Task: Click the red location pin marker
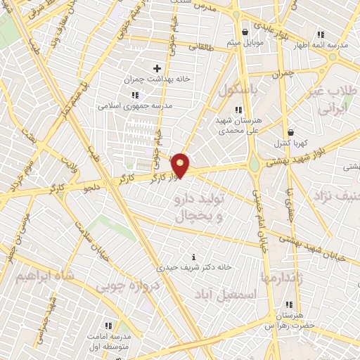pos(181,165)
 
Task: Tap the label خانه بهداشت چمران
pos(157,79)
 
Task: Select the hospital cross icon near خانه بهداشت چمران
pos(157,68)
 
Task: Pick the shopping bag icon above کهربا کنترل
pos(290,131)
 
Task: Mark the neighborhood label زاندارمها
pos(281,278)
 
